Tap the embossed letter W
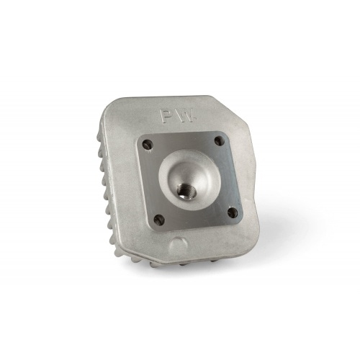pyautogui.click(x=181, y=116)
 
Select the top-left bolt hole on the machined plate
pyautogui.click(x=148, y=143)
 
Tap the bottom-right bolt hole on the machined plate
pyautogui.click(x=231, y=212)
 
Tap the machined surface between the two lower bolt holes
pyautogui.click(x=196, y=220)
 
